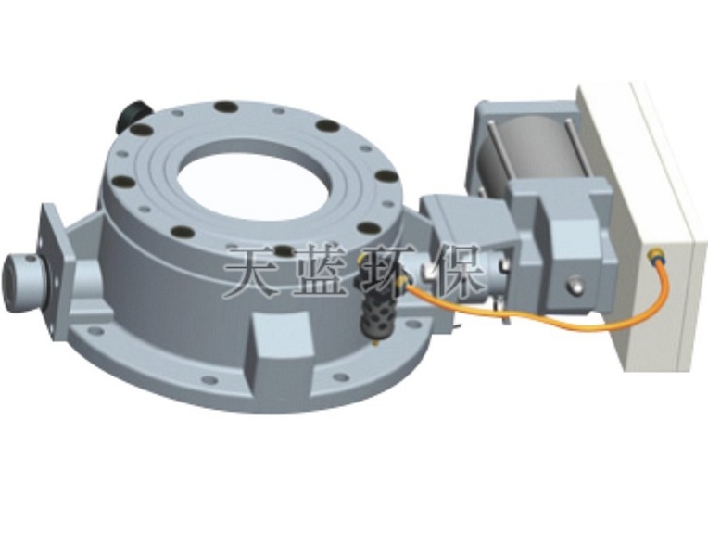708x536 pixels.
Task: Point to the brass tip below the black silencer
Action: [375, 342]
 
